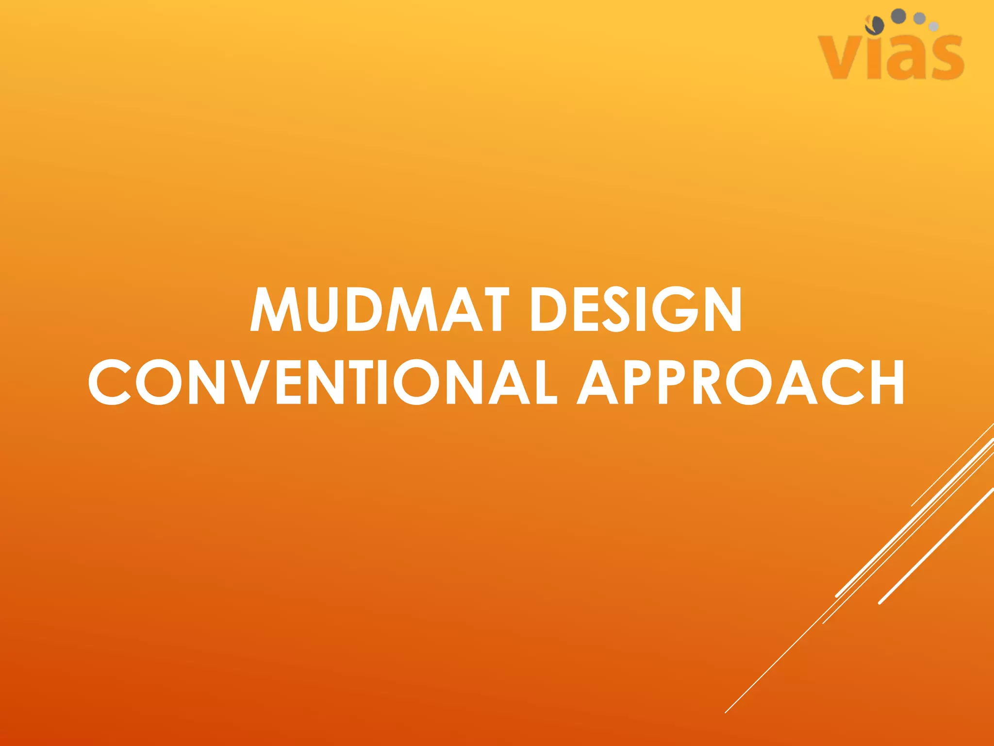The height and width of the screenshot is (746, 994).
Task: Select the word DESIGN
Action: click(x=636, y=309)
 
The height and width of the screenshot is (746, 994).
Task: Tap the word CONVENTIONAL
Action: click(x=323, y=382)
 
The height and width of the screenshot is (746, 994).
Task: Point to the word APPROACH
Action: click(x=741, y=382)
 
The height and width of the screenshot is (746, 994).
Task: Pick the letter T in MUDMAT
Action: click(x=490, y=309)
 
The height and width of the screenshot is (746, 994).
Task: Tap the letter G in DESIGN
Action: click(x=675, y=309)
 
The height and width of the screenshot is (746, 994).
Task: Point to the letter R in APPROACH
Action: click(x=706, y=382)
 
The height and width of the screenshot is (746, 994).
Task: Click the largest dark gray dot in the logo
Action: click(x=899, y=16)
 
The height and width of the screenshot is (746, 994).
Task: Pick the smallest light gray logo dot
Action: click(x=933, y=27)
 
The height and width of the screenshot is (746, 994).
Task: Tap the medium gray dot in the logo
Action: click(x=919, y=18)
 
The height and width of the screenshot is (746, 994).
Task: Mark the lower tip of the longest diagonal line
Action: click(x=725, y=712)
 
